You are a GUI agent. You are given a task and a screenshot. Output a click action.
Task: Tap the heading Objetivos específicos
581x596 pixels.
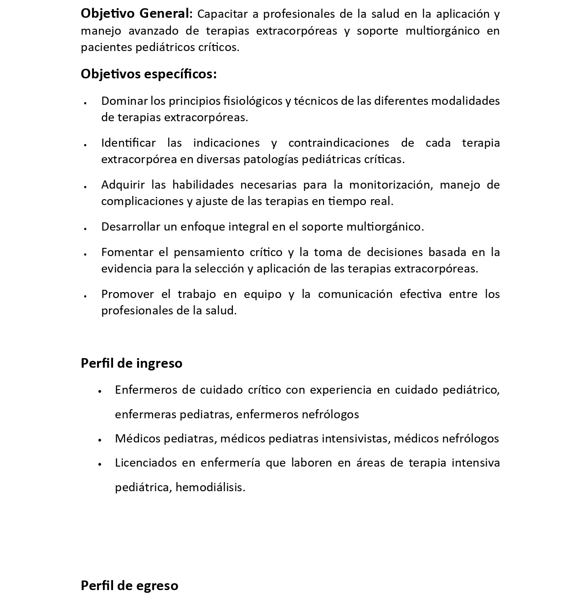(x=149, y=74)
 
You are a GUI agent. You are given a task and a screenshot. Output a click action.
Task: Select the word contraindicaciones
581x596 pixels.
(x=339, y=143)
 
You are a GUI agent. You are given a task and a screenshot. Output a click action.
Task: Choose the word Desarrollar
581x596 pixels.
(x=131, y=226)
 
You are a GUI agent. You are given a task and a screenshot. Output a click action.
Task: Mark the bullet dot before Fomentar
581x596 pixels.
(x=86, y=254)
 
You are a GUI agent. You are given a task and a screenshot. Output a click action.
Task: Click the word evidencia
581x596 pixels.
(x=127, y=268)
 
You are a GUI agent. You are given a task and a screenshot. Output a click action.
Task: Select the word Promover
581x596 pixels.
(x=128, y=294)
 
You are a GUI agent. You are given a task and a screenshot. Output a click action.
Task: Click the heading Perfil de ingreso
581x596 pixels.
(x=131, y=363)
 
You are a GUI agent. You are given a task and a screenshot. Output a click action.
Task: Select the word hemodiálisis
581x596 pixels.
(x=210, y=487)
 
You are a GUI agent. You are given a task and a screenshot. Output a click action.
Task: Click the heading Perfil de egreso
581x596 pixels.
(x=129, y=586)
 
